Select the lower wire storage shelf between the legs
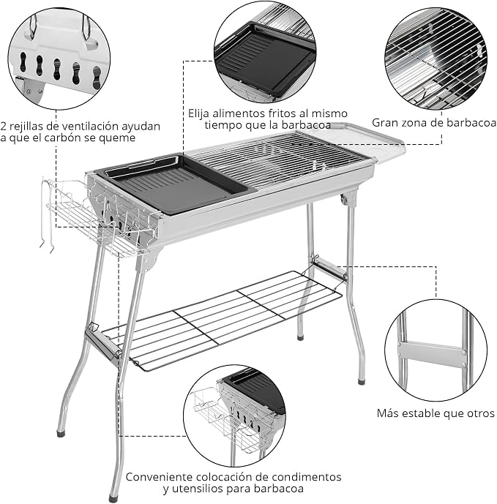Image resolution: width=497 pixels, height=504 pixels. click(222, 320)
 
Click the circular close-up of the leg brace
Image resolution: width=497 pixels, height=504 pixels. click(436, 350)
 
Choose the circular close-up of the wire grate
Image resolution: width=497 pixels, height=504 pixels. click(436, 59)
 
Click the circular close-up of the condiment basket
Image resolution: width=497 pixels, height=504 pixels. click(235, 415)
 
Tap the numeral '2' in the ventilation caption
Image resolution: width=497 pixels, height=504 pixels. click(3, 126)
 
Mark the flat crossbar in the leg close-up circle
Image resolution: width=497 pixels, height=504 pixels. click(432, 354)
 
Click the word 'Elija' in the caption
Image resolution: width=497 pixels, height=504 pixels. click(199, 113)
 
